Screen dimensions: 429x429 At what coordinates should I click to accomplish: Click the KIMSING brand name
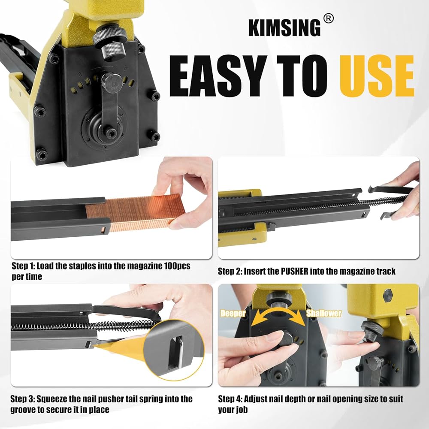pos(284,27)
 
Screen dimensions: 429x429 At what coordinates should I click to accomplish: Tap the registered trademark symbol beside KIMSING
pos(328,18)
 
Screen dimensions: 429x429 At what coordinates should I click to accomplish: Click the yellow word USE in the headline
pos(377,76)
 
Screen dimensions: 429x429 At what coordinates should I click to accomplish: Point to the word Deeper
pos(233,313)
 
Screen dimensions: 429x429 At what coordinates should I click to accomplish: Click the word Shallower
pos(323,313)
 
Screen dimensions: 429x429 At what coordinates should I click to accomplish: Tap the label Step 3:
pos(23,399)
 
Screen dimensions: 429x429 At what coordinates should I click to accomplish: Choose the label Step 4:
pos(230,399)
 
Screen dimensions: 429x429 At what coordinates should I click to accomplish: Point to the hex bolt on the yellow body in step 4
pos(388,295)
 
